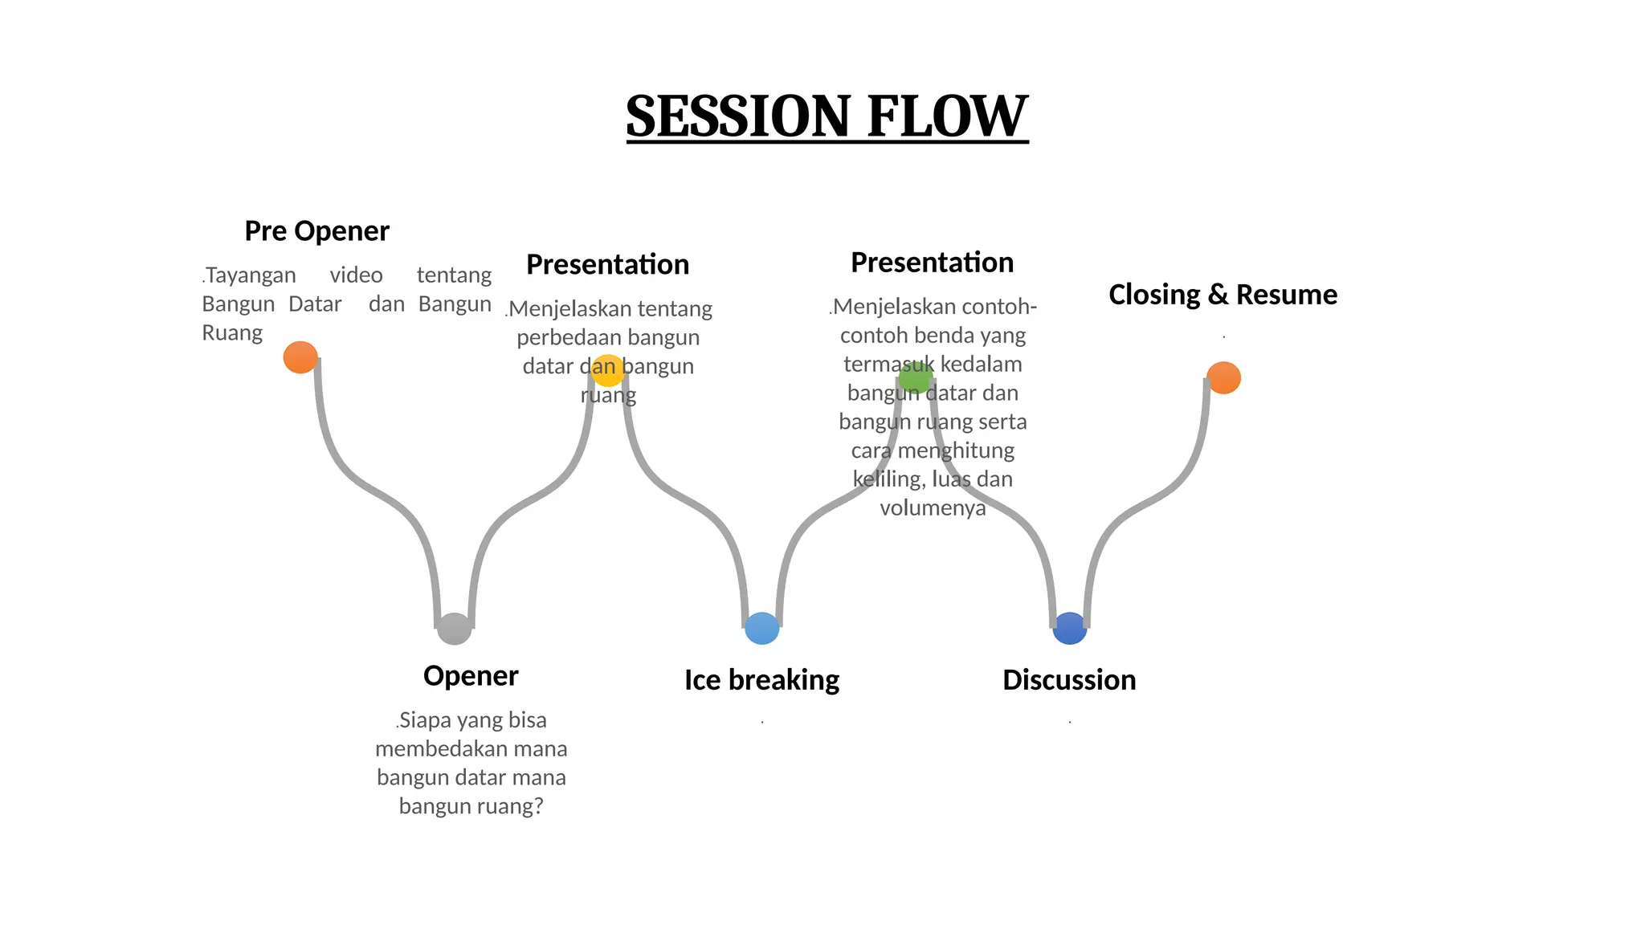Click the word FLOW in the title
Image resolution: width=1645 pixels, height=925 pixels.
click(x=947, y=116)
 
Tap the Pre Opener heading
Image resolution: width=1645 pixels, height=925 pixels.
click(x=316, y=231)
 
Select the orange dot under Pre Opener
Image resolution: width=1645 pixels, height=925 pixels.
click(x=300, y=357)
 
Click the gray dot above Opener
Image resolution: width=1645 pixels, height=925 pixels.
click(x=455, y=629)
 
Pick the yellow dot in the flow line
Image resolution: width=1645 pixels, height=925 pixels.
click(x=608, y=370)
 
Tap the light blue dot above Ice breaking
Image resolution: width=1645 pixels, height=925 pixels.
click(x=762, y=628)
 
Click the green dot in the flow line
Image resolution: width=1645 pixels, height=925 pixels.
click(x=916, y=377)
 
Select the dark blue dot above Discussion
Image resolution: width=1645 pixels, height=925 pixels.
click(x=1070, y=628)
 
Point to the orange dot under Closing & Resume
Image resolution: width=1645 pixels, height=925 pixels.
click(x=1223, y=377)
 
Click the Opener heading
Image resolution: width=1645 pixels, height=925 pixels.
click(x=471, y=676)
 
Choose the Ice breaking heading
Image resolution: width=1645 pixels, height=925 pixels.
click(x=761, y=680)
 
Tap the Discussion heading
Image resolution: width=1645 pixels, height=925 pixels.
click(x=1069, y=680)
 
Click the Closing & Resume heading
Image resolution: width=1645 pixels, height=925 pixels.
click(x=1223, y=295)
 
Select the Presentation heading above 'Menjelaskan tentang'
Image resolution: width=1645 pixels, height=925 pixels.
click(x=607, y=265)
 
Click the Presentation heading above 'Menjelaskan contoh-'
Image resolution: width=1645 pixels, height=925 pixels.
click(x=932, y=263)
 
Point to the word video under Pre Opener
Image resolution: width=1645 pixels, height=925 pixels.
click(x=356, y=275)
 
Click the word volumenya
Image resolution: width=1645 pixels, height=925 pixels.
click(x=933, y=508)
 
